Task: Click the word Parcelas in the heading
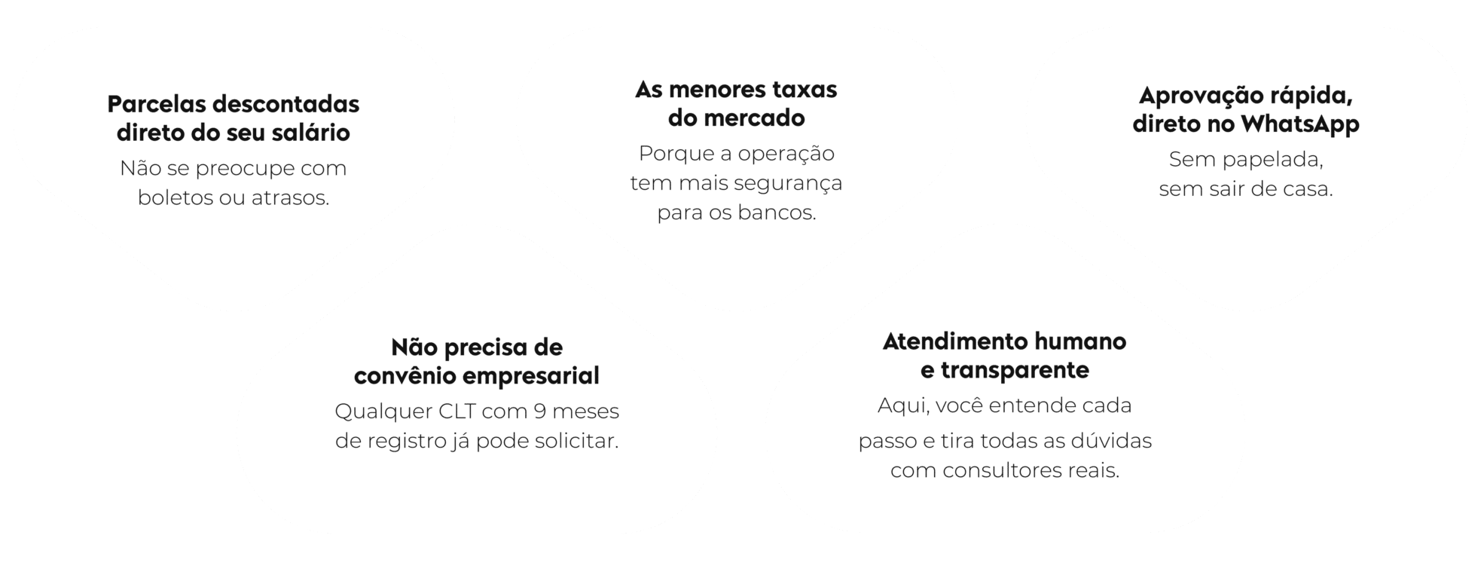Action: click(x=154, y=104)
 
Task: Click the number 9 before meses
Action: click(x=539, y=411)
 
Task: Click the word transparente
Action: click(x=1015, y=371)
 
